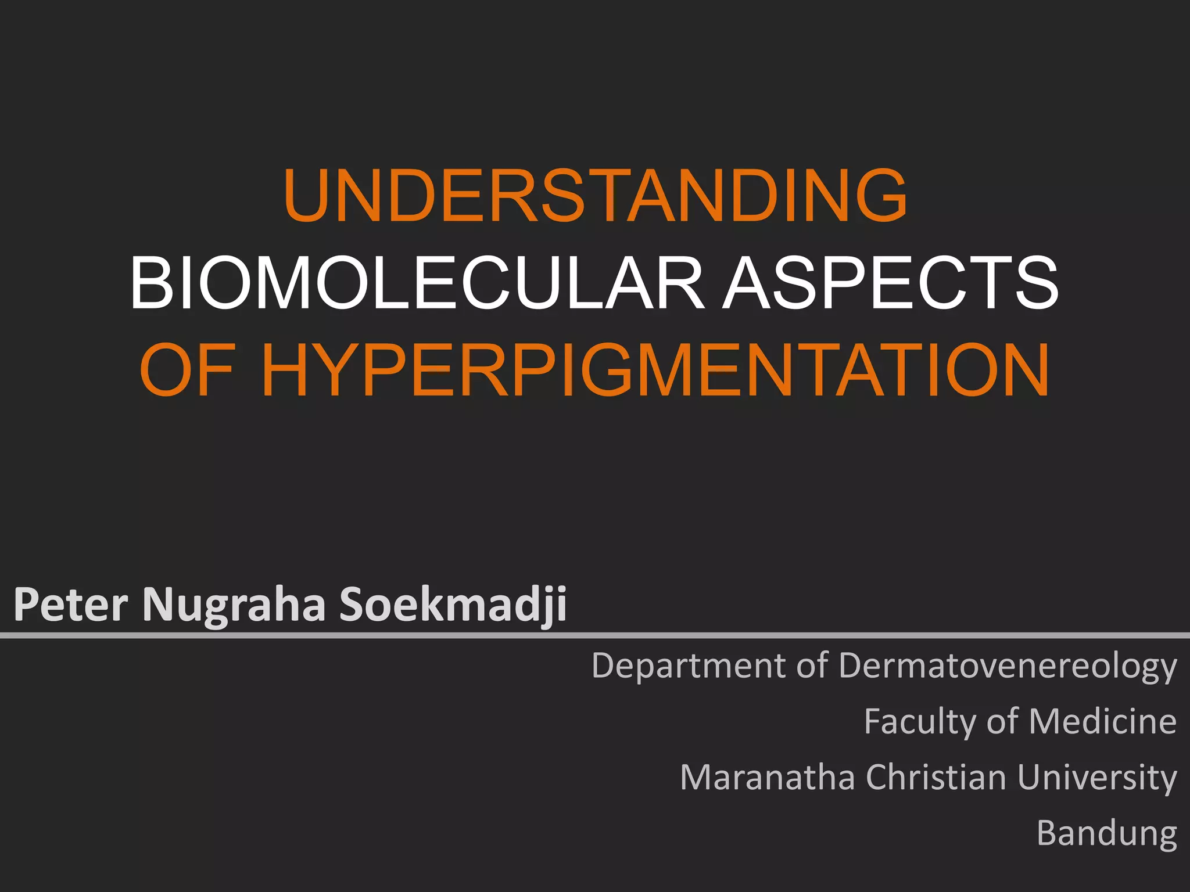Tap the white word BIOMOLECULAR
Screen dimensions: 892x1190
416,283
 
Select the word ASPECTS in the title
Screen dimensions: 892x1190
890,283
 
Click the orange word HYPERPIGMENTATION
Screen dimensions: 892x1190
655,371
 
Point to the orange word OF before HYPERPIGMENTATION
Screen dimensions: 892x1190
187,371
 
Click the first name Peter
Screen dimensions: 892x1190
70,605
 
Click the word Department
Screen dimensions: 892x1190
689,666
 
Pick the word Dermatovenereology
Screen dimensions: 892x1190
1008,667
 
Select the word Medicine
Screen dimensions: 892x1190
1102,721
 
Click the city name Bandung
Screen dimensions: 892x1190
1106,834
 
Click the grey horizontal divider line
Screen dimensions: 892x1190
595,636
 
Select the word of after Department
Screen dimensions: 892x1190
812,666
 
